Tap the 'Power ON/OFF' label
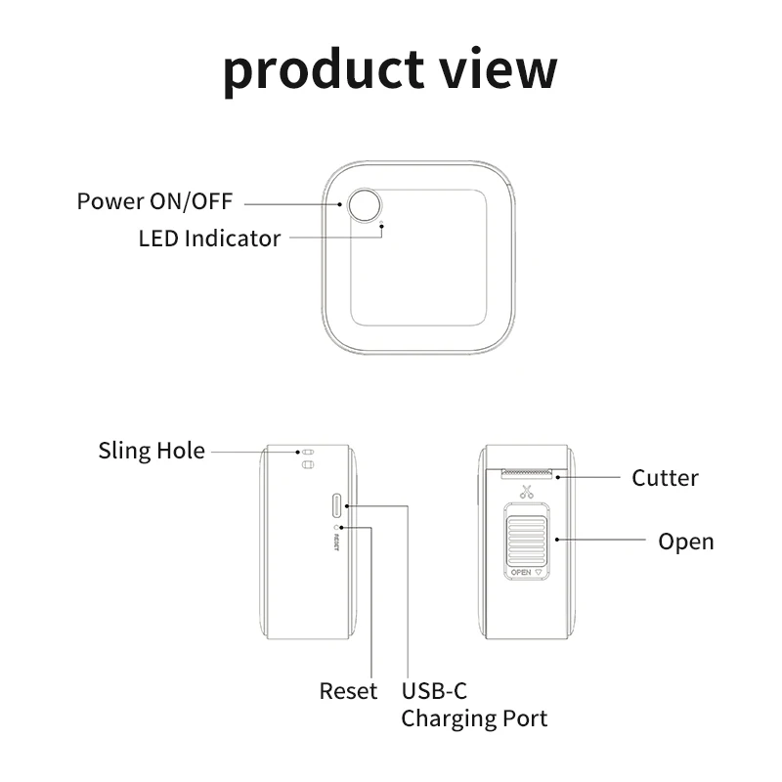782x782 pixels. click(155, 202)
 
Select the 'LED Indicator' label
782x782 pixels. click(209, 238)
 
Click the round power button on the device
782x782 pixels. click(368, 205)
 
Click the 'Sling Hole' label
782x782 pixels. click(152, 451)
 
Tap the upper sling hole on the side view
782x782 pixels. click(306, 453)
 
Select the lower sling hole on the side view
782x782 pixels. click(306, 466)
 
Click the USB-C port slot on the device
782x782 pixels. click(338, 505)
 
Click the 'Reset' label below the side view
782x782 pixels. click(348, 691)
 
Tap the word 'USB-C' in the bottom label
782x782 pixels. click(435, 691)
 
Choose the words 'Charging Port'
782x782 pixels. click(474, 718)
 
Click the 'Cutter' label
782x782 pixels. click(665, 478)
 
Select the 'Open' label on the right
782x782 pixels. click(685, 541)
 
